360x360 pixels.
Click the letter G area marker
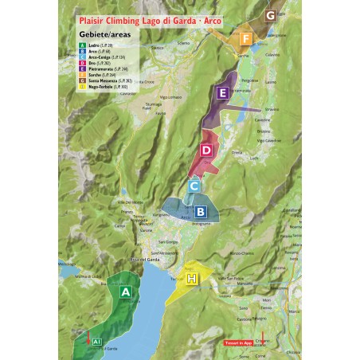tap(271, 15)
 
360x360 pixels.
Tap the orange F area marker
tap(247, 38)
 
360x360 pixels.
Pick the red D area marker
tap(205, 150)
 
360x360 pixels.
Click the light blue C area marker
tap(194, 186)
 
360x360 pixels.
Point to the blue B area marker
tap(201, 212)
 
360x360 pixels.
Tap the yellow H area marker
tap(191, 278)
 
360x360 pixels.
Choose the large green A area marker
tap(124, 292)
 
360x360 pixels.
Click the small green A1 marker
tap(96, 341)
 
